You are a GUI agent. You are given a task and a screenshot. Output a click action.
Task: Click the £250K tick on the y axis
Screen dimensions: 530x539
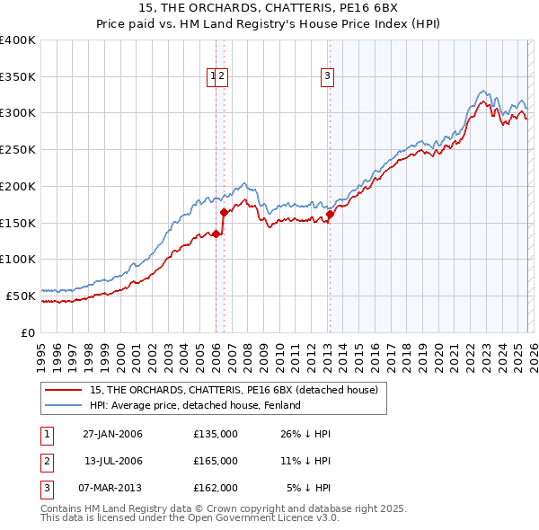tap(18, 149)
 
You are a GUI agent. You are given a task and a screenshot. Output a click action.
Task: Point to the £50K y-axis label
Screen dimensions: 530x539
tap(21, 296)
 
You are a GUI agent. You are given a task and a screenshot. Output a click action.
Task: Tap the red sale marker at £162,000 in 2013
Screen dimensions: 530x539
tap(330, 214)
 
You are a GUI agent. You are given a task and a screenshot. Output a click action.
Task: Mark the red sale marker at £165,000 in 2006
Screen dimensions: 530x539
tap(224, 212)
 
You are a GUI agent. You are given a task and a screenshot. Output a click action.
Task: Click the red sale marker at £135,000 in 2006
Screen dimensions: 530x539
tap(216, 234)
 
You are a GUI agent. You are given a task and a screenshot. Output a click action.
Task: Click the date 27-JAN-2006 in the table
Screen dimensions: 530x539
tap(112, 434)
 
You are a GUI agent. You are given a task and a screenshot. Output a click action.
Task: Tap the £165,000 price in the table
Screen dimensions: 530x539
tap(215, 461)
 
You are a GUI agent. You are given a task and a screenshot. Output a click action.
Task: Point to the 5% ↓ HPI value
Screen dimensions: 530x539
tap(308, 488)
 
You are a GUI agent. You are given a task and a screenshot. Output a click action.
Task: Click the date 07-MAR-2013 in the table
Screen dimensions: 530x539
tap(112, 488)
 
